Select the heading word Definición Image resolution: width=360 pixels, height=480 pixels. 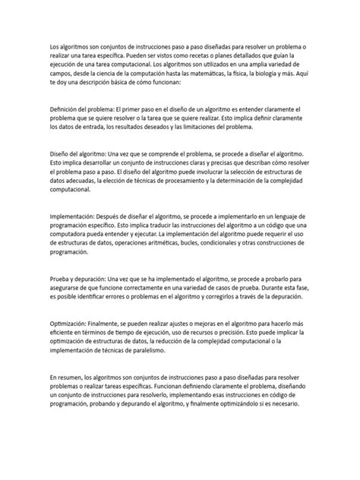point(68,109)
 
